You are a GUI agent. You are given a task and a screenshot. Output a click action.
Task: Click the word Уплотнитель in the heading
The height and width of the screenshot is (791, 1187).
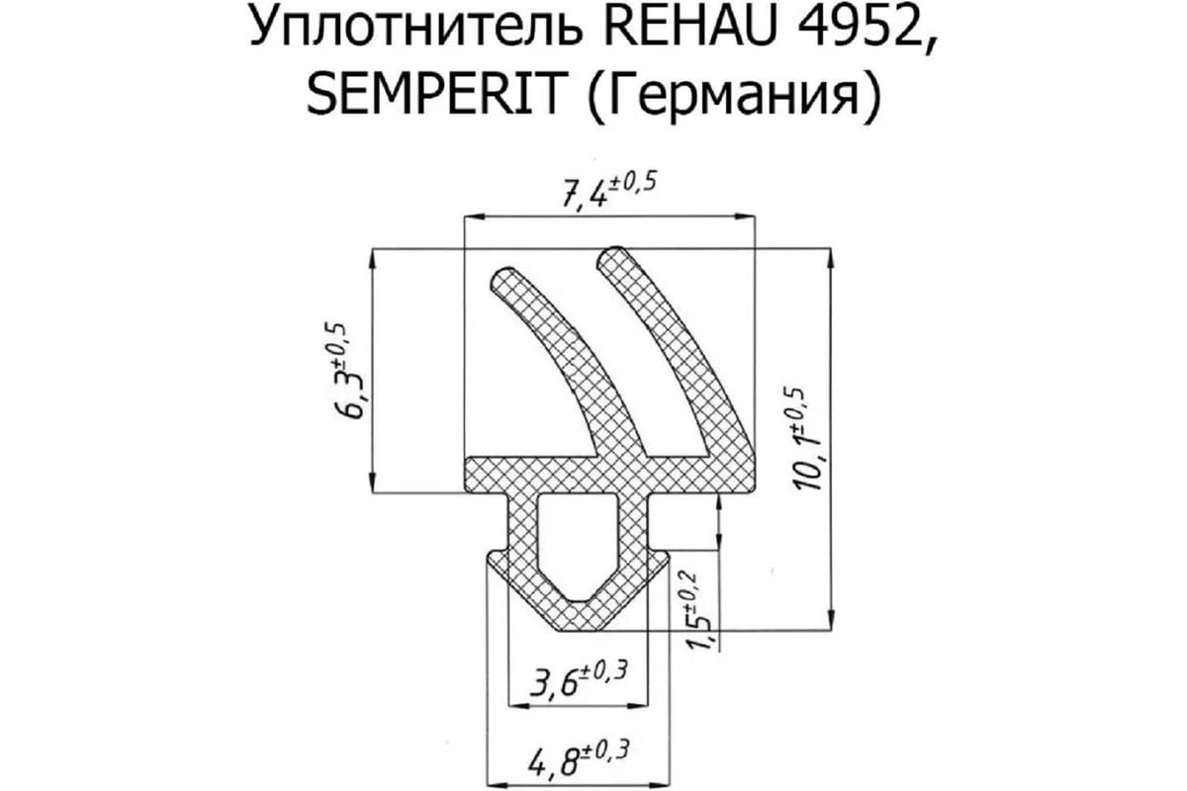pos(416,29)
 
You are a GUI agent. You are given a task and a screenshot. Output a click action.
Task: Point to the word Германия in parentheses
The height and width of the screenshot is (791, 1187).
pos(733,98)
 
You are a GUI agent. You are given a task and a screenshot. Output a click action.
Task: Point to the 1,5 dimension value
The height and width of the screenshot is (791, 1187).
pos(701,638)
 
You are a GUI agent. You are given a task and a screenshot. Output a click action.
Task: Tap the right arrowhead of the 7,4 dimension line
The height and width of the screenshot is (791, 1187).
pos(745,216)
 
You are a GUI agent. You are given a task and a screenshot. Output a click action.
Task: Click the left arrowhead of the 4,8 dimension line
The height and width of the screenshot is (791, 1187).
pos(497,785)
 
